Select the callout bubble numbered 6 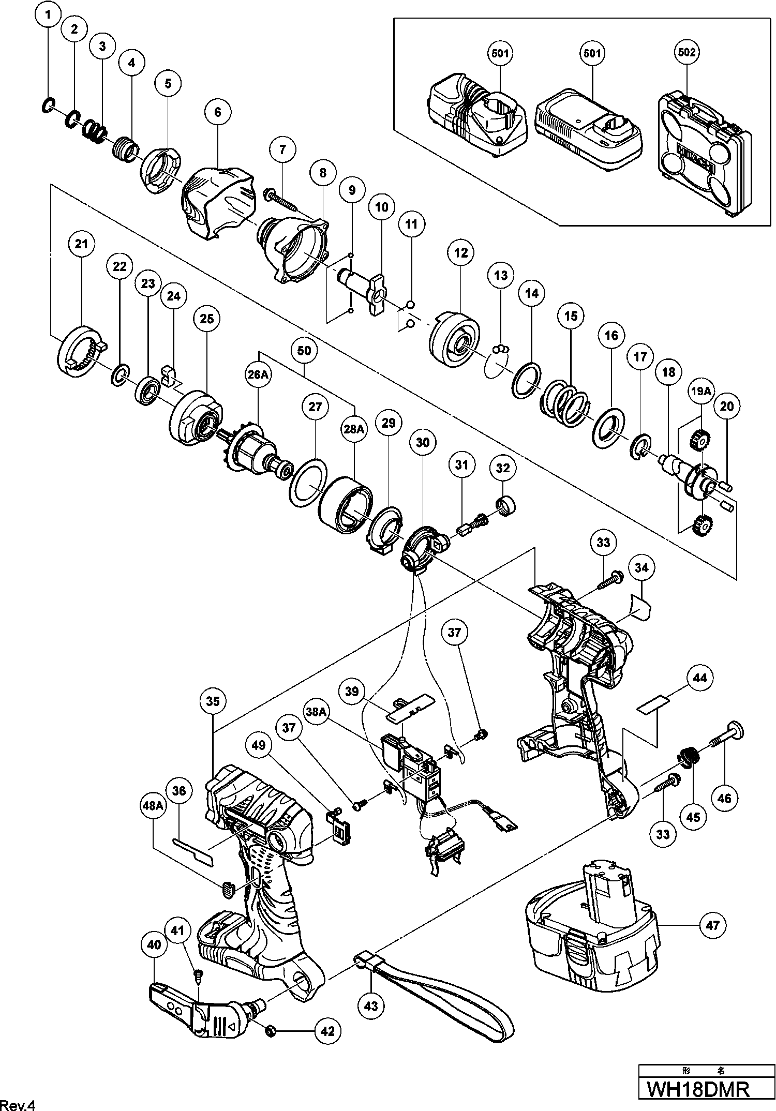pos(217,112)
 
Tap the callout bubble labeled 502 pos(687,52)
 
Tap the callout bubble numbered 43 pos(371,1005)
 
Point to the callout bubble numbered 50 pos(304,350)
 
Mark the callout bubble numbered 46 pos(724,798)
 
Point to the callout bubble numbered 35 pos(213,701)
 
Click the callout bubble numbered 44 pos(700,678)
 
